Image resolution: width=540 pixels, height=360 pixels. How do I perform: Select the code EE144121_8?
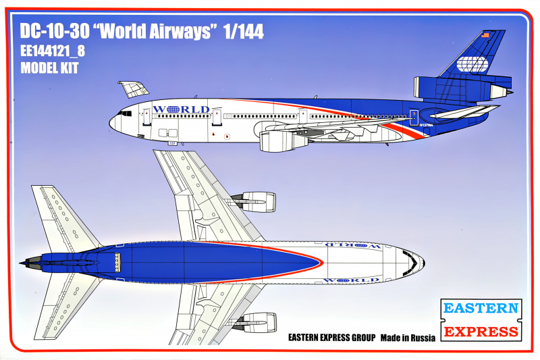click(x=53, y=51)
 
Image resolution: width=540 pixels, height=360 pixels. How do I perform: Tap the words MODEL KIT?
click(x=50, y=68)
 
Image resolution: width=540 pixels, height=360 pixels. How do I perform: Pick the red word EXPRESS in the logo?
click(x=481, y=331)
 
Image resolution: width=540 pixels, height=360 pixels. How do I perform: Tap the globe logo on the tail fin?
click(x=474, y=66)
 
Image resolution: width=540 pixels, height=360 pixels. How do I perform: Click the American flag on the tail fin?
click(x=484, y=34)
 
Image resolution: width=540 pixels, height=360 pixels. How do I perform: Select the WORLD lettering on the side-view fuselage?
click(x=181, y=109)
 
